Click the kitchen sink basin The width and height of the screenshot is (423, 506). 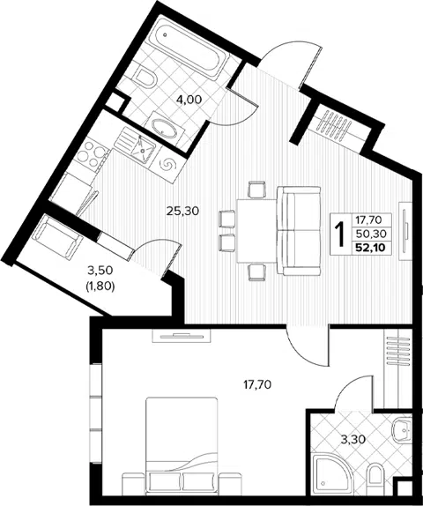(142, 149)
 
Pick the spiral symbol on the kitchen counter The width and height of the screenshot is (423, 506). (168, 165)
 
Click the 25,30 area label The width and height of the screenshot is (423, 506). (182, 211)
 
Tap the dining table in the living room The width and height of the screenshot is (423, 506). (256, 231)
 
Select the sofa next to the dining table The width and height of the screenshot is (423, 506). (299, 231)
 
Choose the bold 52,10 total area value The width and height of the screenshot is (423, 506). (371, 248)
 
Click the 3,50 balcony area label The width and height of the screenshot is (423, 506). (100, 271)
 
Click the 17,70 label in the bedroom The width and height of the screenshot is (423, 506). (257, 384)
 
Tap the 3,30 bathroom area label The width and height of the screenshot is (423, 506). (353, 439)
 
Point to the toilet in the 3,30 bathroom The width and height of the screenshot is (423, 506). (375, 477)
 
